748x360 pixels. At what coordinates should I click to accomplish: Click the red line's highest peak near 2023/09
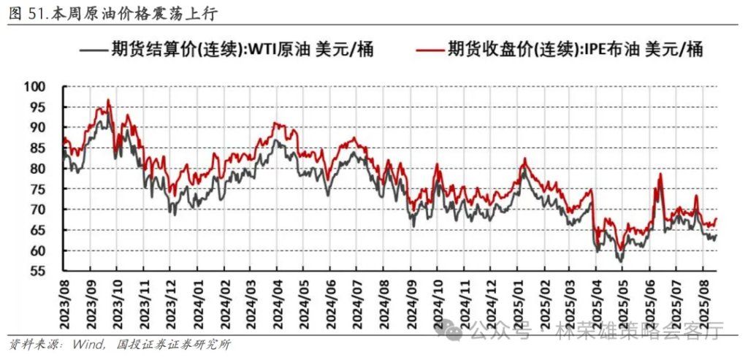coord(108,100)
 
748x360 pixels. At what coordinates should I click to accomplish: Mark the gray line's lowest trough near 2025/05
coord(620,261)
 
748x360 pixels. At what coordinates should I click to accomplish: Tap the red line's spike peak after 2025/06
coord(660,175)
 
